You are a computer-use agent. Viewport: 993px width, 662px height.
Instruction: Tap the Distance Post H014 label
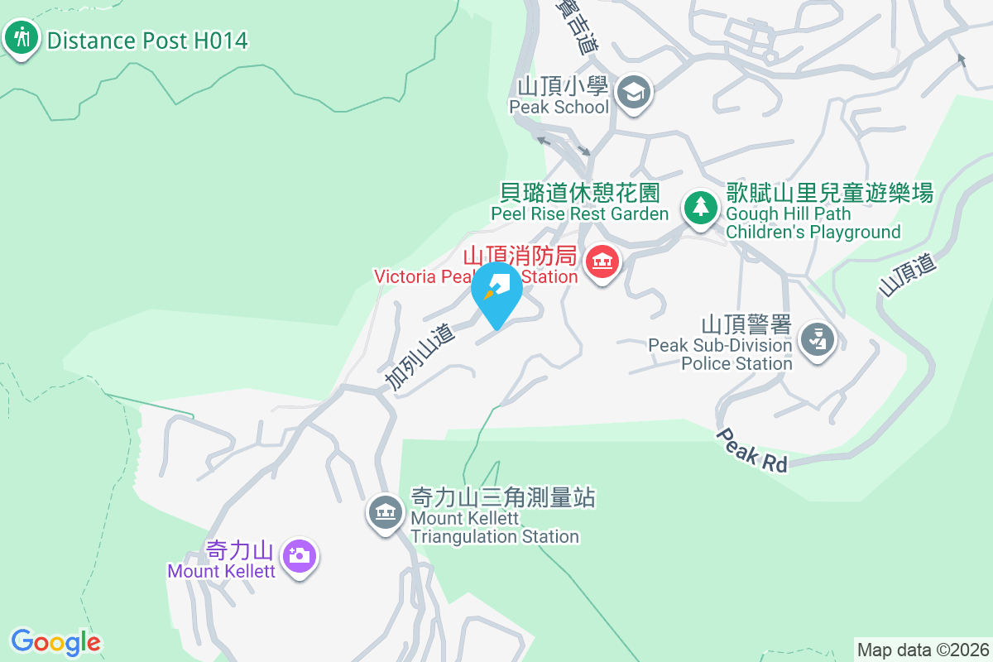[147, 40]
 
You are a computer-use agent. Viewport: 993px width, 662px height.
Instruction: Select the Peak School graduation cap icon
[635, 91]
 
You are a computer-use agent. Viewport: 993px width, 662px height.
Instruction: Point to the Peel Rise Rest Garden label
[579, 204]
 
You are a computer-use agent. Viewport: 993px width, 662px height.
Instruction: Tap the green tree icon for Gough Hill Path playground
[701, 206]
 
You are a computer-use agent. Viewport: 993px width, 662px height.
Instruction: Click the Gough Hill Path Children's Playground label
[829, 213]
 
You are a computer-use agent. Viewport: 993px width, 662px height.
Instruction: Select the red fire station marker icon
[603, 262]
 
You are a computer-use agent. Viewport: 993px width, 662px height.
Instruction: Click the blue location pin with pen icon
[496, 291]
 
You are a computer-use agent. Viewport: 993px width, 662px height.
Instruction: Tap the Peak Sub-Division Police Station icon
[818, 339]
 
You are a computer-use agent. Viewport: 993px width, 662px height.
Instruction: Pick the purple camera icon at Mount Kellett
[300, 555]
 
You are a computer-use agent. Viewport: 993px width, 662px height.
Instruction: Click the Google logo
[56, 641]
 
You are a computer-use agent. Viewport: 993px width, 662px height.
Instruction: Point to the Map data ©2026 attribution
[923, 650]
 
